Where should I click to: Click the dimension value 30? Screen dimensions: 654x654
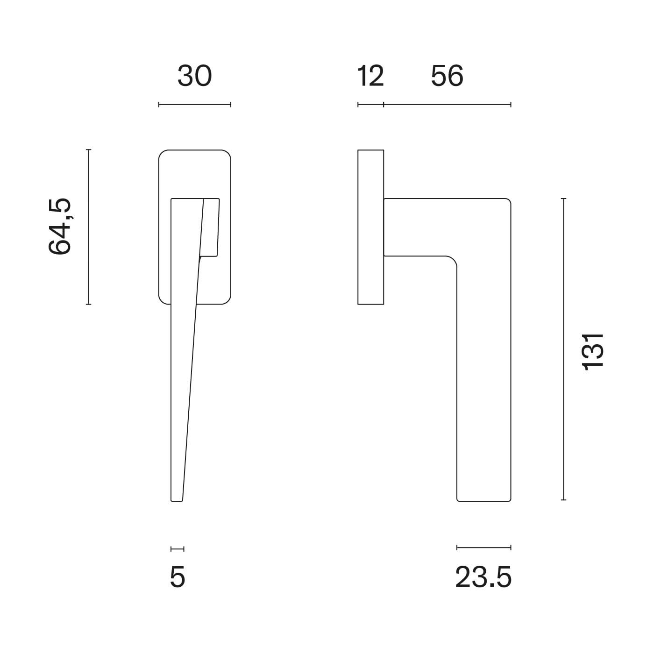pyautogui.click(x=194, y=76)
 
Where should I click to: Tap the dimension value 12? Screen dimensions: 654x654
pyautogui.click(x=370, y=76)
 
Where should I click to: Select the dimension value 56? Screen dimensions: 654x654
pyautogui.click(x=447, y=76)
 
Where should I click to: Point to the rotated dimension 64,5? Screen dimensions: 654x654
pyautogui.click(x=60, y=227)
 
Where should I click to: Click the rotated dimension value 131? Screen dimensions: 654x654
pyautogui.click(x=593, y=352)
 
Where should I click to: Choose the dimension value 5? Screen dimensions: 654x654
pyautogui.click(x=177, y=577)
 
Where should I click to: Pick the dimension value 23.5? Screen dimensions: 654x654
pyautogui.click(x=483, y=577)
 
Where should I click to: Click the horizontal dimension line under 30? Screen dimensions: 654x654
pyautogui.click(x=194, y=105)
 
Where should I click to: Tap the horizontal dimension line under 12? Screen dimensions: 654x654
pyautogui.click(x=370, y=105)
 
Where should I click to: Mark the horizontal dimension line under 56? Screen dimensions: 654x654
pyautogui.click(x=447, y=105)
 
